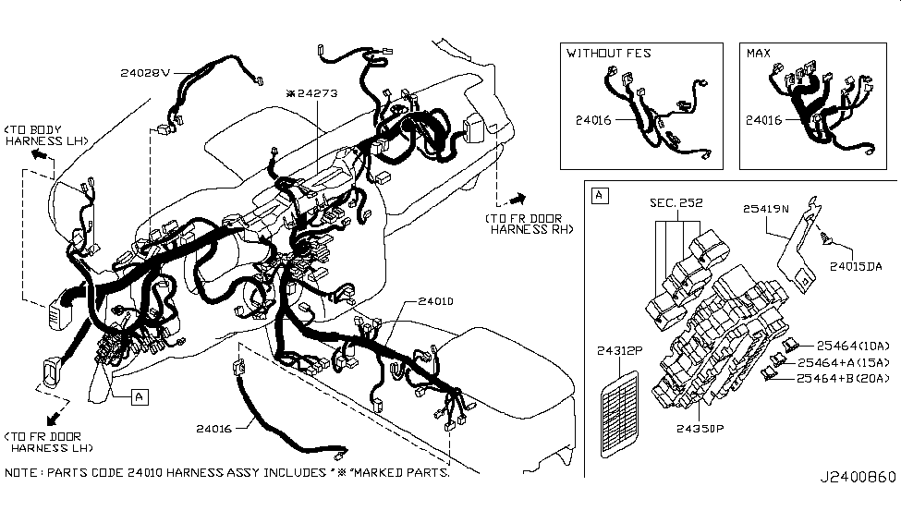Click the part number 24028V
[x=145, y=73]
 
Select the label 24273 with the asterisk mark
[x=312, y=93]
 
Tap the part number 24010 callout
[x=435, y=301]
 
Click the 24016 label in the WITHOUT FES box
[x=593, y=120]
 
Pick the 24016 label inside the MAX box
[x=763, y=120]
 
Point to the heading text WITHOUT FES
[x=608, y=54]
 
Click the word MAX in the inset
[x=759, y=54]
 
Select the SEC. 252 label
[x=676, y=203]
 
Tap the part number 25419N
[x=766, y=209]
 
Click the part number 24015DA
[x=856, y=266]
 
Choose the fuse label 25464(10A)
[x=853, y=346]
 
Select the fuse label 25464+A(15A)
[x=844, y=362]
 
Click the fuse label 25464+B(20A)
[x=843, y=378]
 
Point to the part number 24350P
[x=700, y=429]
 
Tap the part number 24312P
[x=619, y=350]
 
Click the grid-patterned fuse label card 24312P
[x=619, y=414]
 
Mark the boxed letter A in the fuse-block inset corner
[x=600, y=195]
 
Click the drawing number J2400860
[x=858, y=477]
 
